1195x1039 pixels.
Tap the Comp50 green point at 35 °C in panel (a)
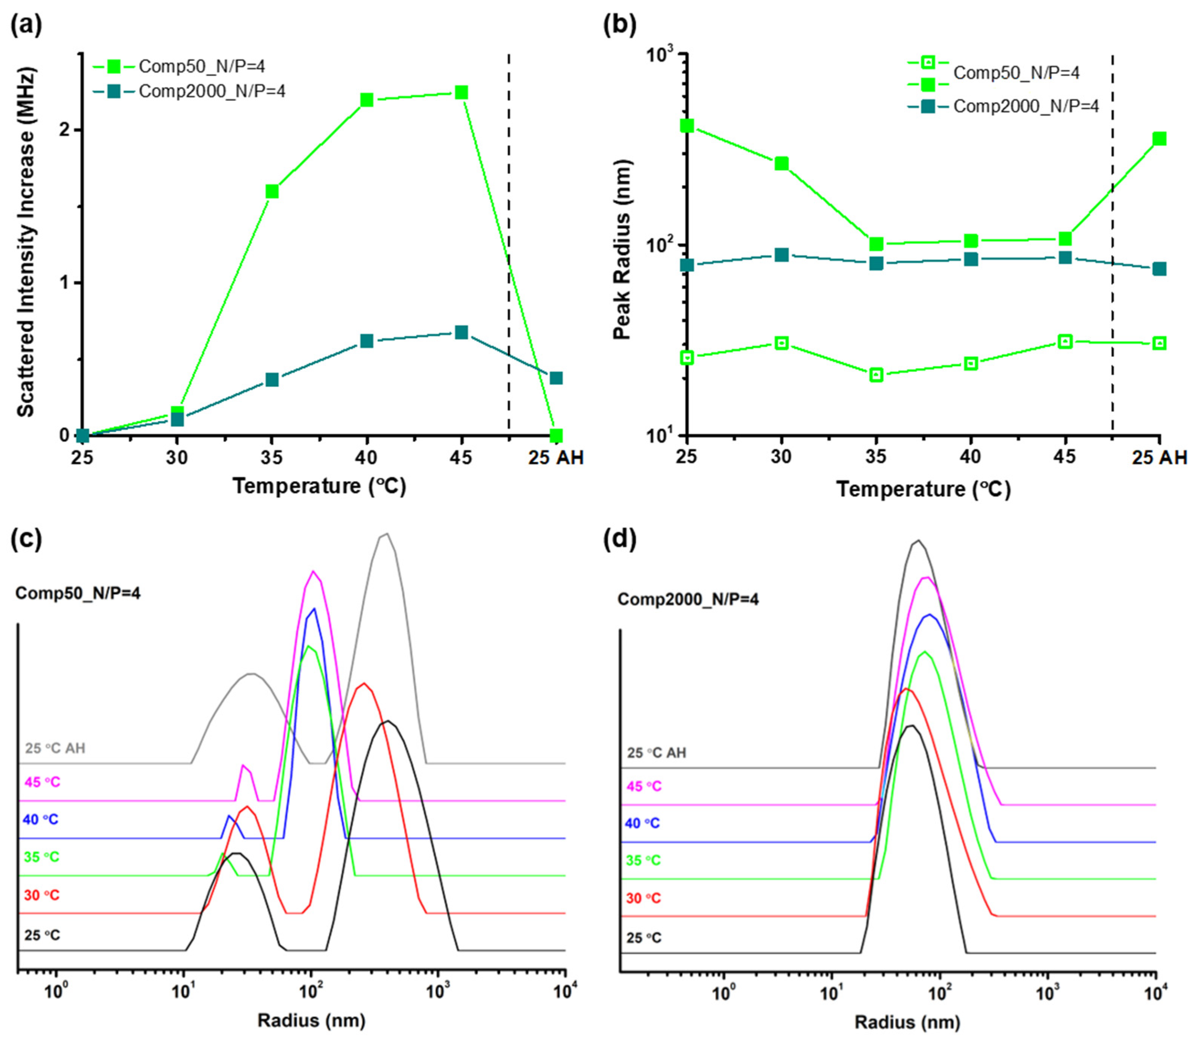272,191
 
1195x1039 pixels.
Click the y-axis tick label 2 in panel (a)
64,130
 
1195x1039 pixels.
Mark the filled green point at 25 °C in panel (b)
687,126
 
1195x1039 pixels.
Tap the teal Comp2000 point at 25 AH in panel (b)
1160,269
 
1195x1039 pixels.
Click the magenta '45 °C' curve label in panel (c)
42,782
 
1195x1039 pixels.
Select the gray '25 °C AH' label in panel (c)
55,748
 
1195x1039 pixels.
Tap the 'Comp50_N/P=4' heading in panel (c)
78,593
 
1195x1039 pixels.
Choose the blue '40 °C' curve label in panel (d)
642,823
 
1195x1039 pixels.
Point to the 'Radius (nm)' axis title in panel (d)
908,1022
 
